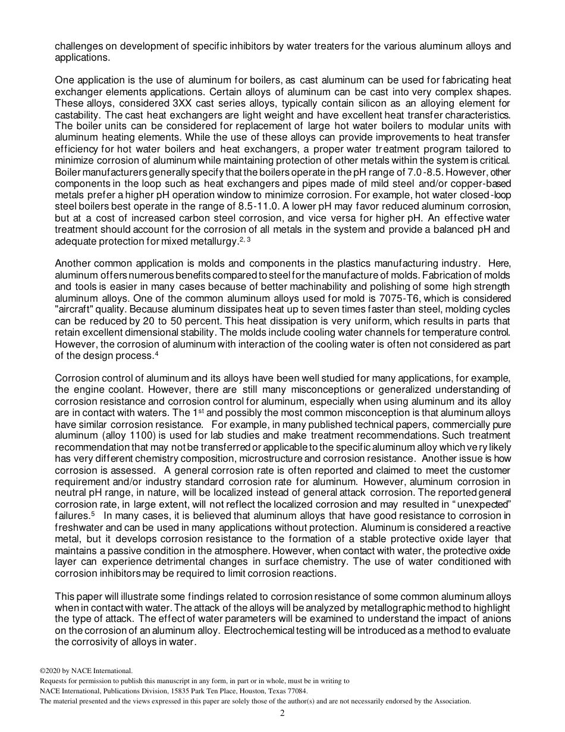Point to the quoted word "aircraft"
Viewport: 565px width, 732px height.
(x=77, y=309)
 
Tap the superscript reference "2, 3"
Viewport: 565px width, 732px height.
(x=244, y=239)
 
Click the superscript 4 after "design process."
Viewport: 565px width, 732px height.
(x=156, y=354)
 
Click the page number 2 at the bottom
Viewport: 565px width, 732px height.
(x=282, y=714)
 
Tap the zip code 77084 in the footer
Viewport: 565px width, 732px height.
(x=296, y=691)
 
